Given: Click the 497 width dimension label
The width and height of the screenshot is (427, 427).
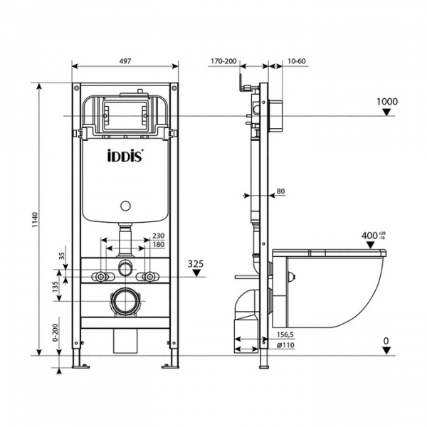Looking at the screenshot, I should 125,62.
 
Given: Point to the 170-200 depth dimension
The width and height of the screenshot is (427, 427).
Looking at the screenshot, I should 224,62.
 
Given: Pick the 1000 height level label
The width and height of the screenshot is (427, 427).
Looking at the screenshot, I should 386,102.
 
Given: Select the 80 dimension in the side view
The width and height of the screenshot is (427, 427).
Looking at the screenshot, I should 280,191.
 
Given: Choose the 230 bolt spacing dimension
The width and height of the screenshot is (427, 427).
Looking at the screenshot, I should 158,237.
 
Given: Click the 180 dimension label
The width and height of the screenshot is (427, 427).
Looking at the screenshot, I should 158,246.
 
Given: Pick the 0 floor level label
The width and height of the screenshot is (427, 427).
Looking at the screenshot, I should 386,340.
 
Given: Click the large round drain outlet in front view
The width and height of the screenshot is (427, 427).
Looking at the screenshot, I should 125,302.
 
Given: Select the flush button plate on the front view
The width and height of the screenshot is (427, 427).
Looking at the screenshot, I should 125,112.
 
